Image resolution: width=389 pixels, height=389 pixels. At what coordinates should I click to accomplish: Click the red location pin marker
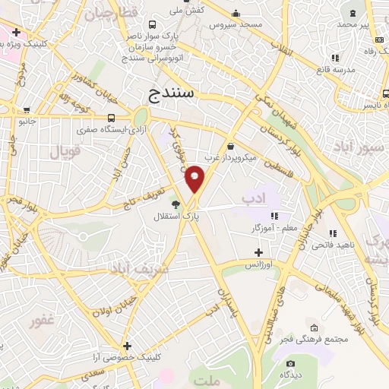click(x=195, y=178)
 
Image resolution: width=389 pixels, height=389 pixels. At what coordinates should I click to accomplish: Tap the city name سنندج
click(x=169, y=93)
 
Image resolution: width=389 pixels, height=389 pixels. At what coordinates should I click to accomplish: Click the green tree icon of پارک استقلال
click(x=176, y=204)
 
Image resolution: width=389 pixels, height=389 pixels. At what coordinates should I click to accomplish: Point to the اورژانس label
click(x=258, y=264)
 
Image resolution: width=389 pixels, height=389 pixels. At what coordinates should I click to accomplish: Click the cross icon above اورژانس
click(x=258, y=251)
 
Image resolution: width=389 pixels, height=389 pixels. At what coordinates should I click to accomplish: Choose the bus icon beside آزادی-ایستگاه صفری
click(x=112, y=118)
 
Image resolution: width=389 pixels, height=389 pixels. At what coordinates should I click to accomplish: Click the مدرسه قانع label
click(x=335, y=69)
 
